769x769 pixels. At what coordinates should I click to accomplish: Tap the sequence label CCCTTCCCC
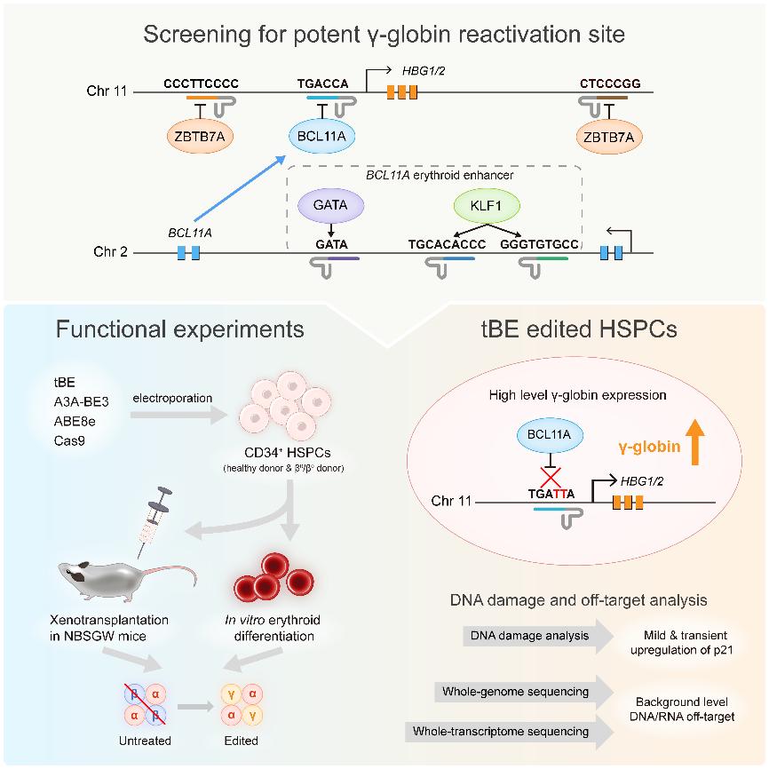click(202, 84)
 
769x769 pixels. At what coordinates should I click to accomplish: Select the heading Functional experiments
click(180, 329)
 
